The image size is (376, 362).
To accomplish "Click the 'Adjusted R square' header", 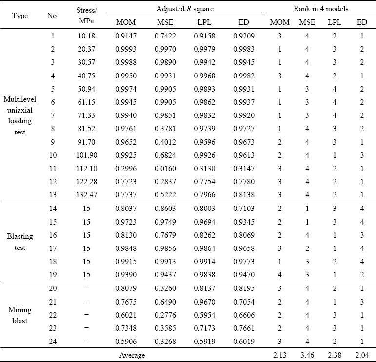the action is click(185, 9).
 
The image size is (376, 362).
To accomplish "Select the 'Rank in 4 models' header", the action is click(321, 9).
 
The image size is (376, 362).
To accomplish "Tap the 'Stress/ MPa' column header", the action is click(86, 16).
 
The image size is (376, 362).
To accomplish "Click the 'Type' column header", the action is click(20, 16).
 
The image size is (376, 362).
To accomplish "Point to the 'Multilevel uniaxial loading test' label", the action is click(20, 115).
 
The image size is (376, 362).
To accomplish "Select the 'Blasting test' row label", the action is click(20, 242).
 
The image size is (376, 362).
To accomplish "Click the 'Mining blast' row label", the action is click(20, 315).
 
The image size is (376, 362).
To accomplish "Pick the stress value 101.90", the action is click(87, 155).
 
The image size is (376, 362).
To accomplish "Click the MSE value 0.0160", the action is click(165, 169).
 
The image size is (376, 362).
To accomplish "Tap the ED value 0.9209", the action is click(244, 36).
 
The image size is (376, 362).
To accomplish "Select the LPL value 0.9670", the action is click(204, 302).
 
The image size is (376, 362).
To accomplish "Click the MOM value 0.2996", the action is click(126, 169).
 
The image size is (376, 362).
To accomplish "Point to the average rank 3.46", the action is click(307, 355).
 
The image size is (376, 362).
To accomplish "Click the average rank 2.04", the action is click(362, 355).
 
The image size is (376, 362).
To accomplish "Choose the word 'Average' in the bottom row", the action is click(132, 355).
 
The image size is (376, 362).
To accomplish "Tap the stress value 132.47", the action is click(87, 194).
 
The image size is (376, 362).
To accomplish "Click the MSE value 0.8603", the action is click(165, 208).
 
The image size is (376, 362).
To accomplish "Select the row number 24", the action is click(53, 341).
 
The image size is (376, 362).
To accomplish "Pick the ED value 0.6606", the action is click(244, 315).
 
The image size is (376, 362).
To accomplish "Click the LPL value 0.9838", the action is click(204, 275).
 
